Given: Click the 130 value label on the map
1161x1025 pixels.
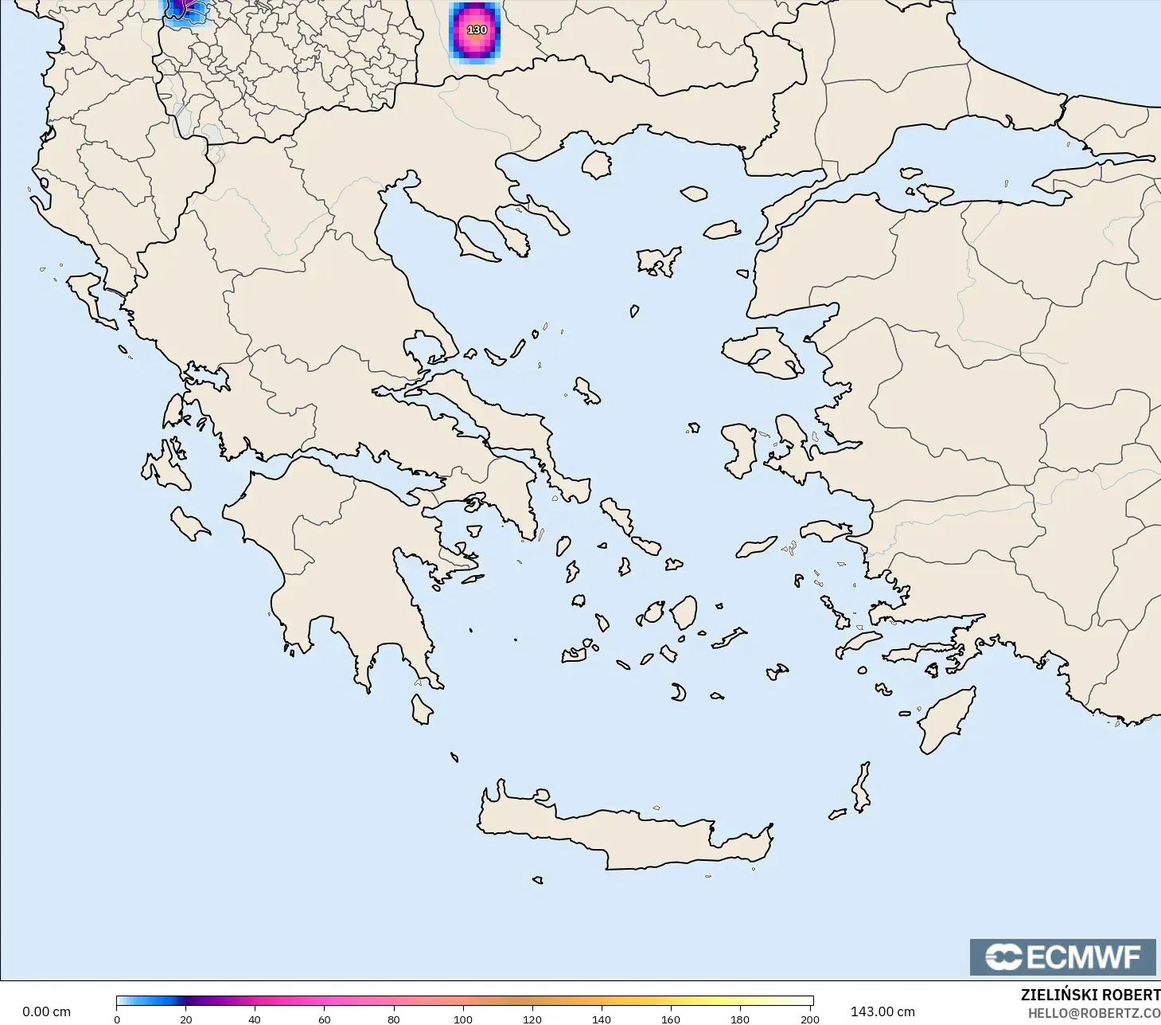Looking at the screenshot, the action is coord(477,30).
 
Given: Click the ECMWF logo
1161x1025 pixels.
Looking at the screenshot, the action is coord(1062,957).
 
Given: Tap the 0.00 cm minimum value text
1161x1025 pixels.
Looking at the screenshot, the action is coord(46,1011).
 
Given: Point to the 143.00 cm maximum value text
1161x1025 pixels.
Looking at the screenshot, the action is coord(882,1011).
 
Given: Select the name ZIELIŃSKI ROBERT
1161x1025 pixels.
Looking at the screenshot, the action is coord(1090,995).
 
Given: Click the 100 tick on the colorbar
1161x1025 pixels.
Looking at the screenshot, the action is coord(462,1019).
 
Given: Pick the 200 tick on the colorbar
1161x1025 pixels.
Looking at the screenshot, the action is coord(809,1019).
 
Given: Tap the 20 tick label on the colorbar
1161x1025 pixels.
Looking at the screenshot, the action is coord(185,1019).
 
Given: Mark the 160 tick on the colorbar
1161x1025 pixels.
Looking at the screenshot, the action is coord(671,1019).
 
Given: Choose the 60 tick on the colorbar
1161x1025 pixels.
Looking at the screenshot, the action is coord(324,1019).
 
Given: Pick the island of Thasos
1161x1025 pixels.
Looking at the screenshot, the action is coord(596,165).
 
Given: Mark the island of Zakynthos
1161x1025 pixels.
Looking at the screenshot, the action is coord(189,524).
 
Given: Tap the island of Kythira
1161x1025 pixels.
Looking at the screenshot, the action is coord(421,709).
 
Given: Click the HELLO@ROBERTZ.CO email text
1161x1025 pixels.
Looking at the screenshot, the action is coord(1093,1013).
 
